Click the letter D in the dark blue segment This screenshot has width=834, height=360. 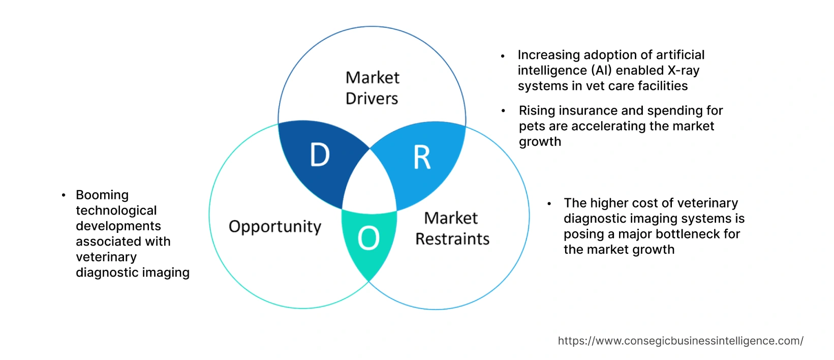coord(320,155)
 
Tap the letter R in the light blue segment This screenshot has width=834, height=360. coord(422,158)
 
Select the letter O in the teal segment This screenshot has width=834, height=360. coord(368,238)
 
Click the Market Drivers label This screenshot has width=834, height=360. coord(372,88)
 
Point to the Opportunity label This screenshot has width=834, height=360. coord(275,226)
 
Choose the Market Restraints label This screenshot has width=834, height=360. coord(452,228)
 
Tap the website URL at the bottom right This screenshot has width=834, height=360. coord(680,341)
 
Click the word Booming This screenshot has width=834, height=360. coord(102,195)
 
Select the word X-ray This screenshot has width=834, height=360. coord(683,70)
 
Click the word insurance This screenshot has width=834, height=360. coord(586,110)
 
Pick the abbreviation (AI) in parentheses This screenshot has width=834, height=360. coord(601,70)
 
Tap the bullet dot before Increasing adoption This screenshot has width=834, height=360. coord(503,55)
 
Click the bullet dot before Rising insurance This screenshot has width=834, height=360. coord(503,111)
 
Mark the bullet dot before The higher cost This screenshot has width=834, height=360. coord(549,203)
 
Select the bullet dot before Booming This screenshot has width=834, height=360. coord(64,195)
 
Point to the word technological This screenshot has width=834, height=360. coord(116,211)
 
